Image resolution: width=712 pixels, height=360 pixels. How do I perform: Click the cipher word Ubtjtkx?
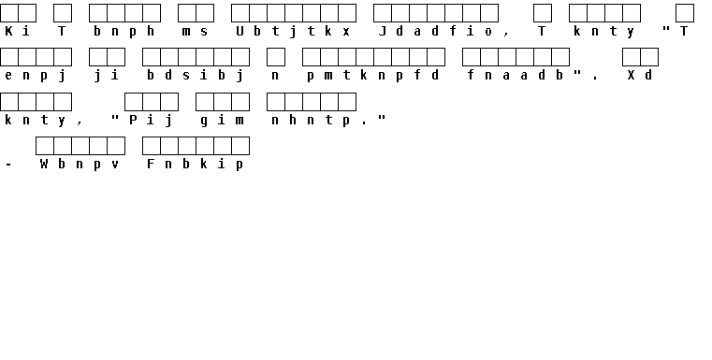point(294,31)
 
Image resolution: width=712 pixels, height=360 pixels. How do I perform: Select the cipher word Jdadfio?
point(435,31)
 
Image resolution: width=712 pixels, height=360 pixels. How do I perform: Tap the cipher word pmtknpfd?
point(373,76)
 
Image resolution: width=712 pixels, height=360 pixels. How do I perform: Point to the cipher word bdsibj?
point(196,76)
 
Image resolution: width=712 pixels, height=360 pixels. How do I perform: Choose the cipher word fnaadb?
point(516,76)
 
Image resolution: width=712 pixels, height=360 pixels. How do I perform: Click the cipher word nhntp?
point(311,121)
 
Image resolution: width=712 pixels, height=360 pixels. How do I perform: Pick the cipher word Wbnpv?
point(80,165)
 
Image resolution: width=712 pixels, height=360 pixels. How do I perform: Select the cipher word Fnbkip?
point(196,165)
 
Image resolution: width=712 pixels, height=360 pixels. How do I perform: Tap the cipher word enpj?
point(36,76)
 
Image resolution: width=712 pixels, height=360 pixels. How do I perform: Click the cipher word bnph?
point(124,31)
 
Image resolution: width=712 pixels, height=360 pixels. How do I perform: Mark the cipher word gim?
point(222,121)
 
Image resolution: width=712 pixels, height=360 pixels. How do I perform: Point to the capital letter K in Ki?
point(8,31)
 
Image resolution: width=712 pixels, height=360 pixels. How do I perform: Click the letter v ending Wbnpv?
point(115,165)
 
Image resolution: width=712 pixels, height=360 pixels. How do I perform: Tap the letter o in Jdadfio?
point(488,32)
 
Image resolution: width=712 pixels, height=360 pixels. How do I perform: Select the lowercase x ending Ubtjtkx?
point(346,32)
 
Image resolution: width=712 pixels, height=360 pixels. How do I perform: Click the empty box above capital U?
point(240,13)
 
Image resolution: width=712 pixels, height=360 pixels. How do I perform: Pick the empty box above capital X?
point(632,57)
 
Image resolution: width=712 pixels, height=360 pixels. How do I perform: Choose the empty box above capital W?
point(45,146)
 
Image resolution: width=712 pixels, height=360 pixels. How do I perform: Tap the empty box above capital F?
point(152,146)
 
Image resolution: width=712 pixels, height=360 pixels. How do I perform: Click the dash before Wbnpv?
point(8,165)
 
